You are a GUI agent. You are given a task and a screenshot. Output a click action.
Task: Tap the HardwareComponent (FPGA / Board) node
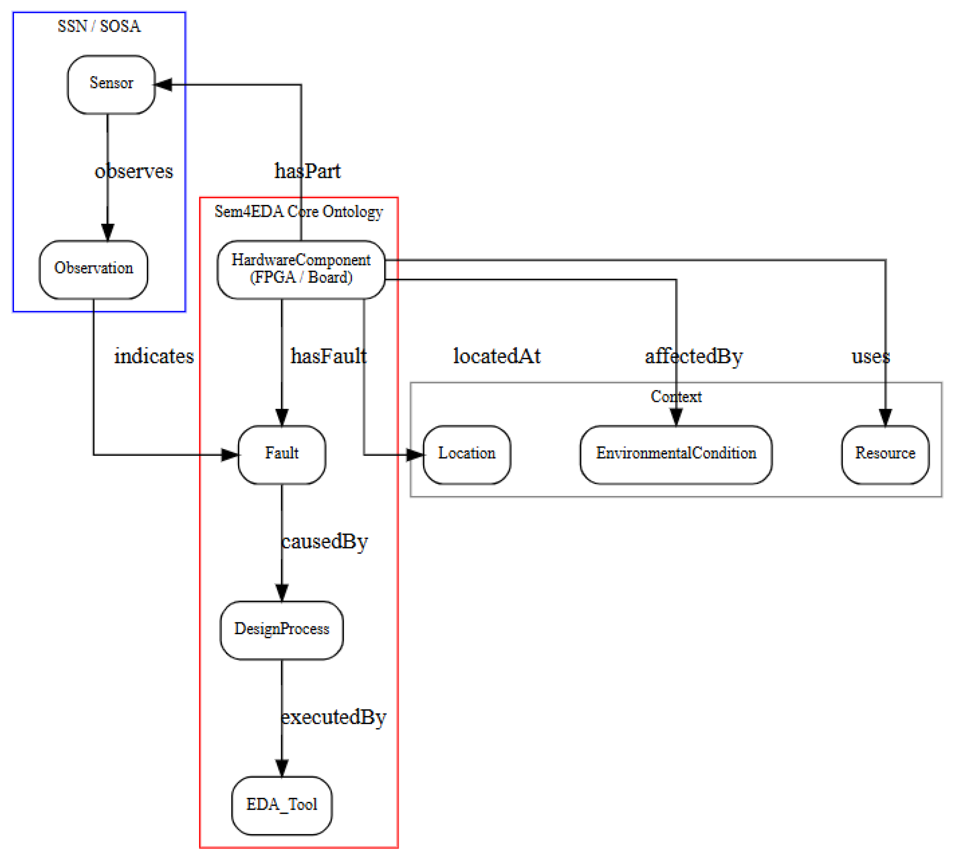(x=301, y=269)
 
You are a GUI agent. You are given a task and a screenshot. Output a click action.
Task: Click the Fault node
(x=281, y=454)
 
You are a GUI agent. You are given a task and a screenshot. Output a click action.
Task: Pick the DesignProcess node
(x=281, y=629)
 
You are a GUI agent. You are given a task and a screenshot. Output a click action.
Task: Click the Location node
(x=466, y=454)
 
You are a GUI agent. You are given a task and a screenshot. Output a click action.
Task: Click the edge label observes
(x=134, y=171)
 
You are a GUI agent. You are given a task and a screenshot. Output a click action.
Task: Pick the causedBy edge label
(x=324, y=541)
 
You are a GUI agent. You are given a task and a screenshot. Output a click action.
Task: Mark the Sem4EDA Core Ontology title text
(x=298, y=211)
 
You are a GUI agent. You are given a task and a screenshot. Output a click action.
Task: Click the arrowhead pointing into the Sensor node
(x=163, y=84)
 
